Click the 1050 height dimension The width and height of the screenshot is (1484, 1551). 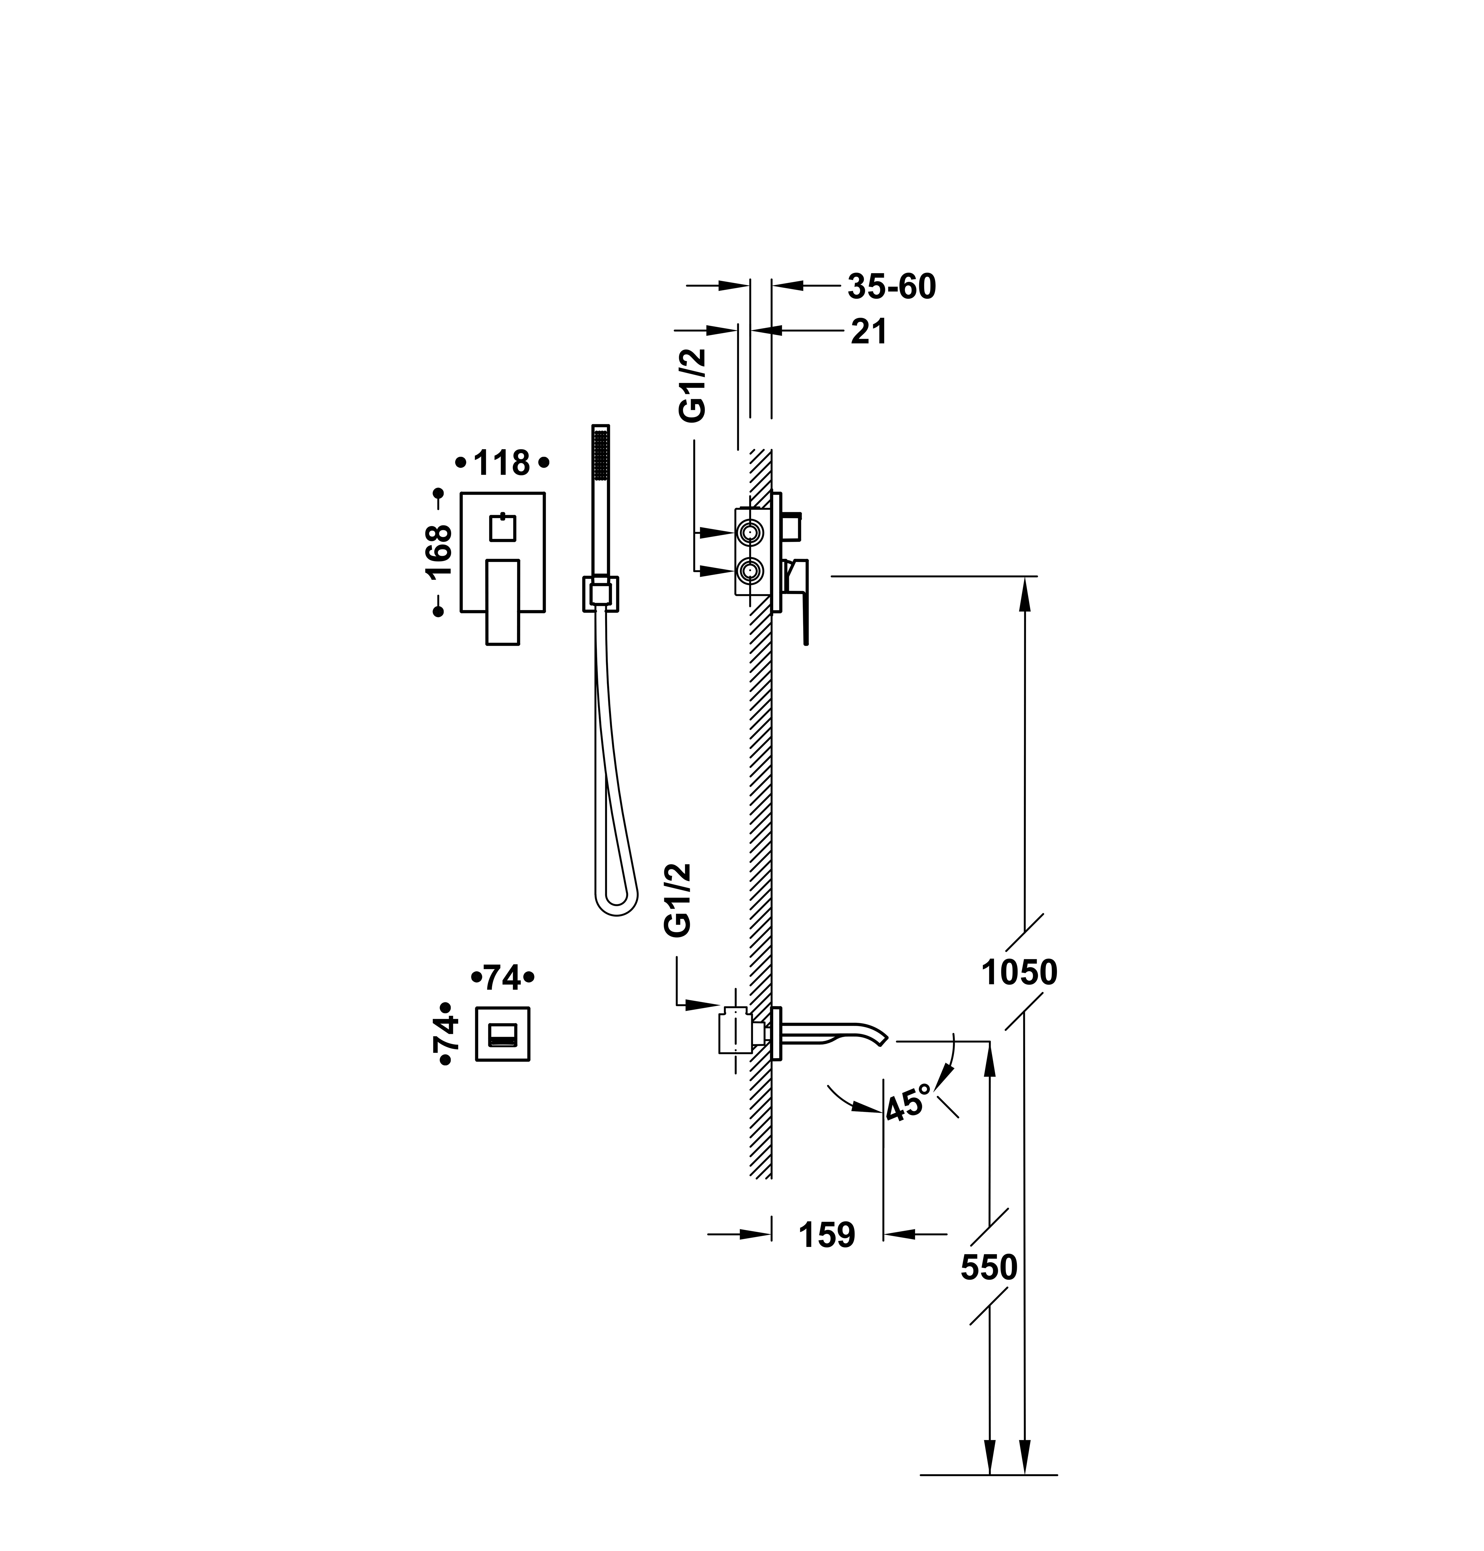pyautogui.click(x=1019, y=973)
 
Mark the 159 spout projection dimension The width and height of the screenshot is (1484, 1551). pyautogui.click(x=827, y=1235)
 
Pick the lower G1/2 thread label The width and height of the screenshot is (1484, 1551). pyautogui.click(x=678, y=900)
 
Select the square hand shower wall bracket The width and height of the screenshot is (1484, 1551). pyautogui.click(x=601, y=594)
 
